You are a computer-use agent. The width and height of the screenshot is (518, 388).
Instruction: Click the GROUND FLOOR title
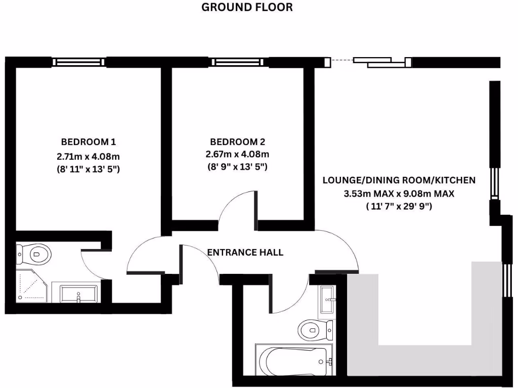click(x=247, y=7)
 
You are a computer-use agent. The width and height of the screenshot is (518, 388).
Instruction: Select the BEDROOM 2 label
click(x=237, y=142)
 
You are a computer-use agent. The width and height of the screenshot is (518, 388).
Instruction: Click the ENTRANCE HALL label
click(x=245, y=253)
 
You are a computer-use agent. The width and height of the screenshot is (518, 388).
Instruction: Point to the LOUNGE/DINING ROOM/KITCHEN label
click(x=399, y=180)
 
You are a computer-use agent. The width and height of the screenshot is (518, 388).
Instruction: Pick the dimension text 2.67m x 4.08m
click(x=237, y=154)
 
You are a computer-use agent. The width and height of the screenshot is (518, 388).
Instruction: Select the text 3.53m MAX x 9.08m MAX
click(x=399, y=193)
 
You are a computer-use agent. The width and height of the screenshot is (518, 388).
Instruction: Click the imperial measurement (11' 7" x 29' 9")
click(x=399, y=206)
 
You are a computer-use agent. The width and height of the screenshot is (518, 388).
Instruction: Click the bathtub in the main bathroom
click(x=294, y=360)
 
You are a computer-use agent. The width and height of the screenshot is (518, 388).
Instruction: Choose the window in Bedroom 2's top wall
click(x=237, y=62)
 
